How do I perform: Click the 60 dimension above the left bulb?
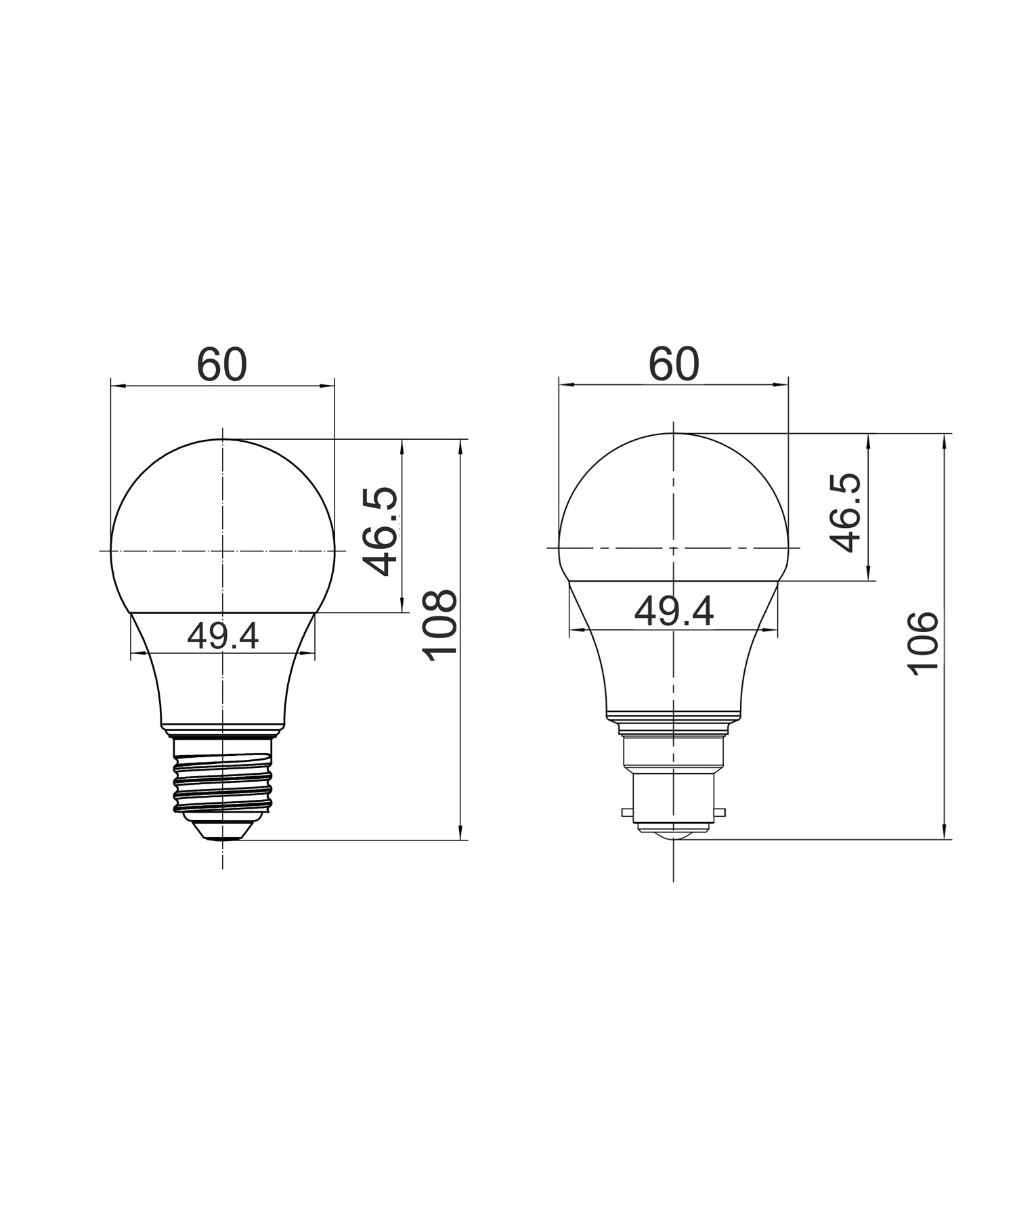pyautogui.click(x=222, y=365)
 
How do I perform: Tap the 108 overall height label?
pyautogui.click(x=439, y=626)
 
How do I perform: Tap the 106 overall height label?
pyautogui.click(x=924, y=643)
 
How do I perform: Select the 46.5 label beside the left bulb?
pyautogui.click(x=381, y=532)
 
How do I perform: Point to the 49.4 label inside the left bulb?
pyautogui.click(x=223, y=636)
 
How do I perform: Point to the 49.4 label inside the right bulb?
pyautogui.click(x=674, y=612)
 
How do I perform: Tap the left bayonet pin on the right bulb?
pyautogui.click(x=628, y=811)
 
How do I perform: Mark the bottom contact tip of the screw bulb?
pyautogui.click(x=223, y=837)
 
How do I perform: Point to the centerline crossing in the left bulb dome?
pyautogui.click(x=223, y=551)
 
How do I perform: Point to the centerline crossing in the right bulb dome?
pyautogui.click(x=674, y=547)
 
